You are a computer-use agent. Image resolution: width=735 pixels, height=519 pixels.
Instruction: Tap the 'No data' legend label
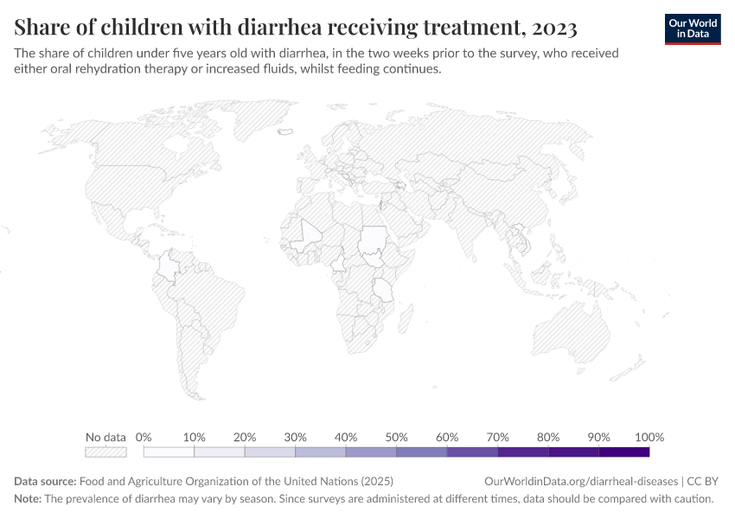(x=105, y=437)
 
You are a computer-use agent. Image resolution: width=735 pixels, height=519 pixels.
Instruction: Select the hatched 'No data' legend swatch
(x=105, y=452)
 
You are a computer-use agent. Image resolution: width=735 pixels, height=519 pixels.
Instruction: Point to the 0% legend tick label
(x=144, y=437)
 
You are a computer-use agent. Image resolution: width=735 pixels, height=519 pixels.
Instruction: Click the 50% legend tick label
(x=396, y=437)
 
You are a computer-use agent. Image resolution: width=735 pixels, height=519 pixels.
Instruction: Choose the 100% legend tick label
(x=649, y=437)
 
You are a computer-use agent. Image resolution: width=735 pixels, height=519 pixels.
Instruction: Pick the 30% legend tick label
(x=295, y=437)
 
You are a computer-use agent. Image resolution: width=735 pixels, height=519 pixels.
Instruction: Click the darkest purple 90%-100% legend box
(x=623, y=452)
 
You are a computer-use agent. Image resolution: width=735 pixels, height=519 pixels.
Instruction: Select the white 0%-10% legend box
(x=169, y=452)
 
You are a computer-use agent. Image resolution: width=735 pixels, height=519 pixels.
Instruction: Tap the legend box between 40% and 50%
(x=371, y=452)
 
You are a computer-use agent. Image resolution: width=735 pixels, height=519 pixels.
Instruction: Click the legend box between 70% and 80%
(x=522, y=452)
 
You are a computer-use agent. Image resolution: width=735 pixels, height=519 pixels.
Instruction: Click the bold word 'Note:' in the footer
(x=28, y=499)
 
